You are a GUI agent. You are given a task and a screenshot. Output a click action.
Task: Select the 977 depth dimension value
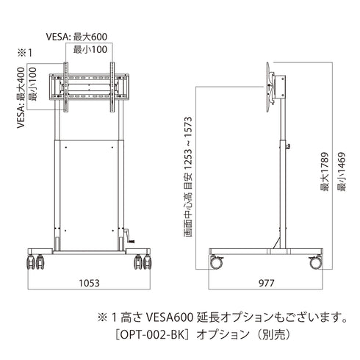[268, 282]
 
